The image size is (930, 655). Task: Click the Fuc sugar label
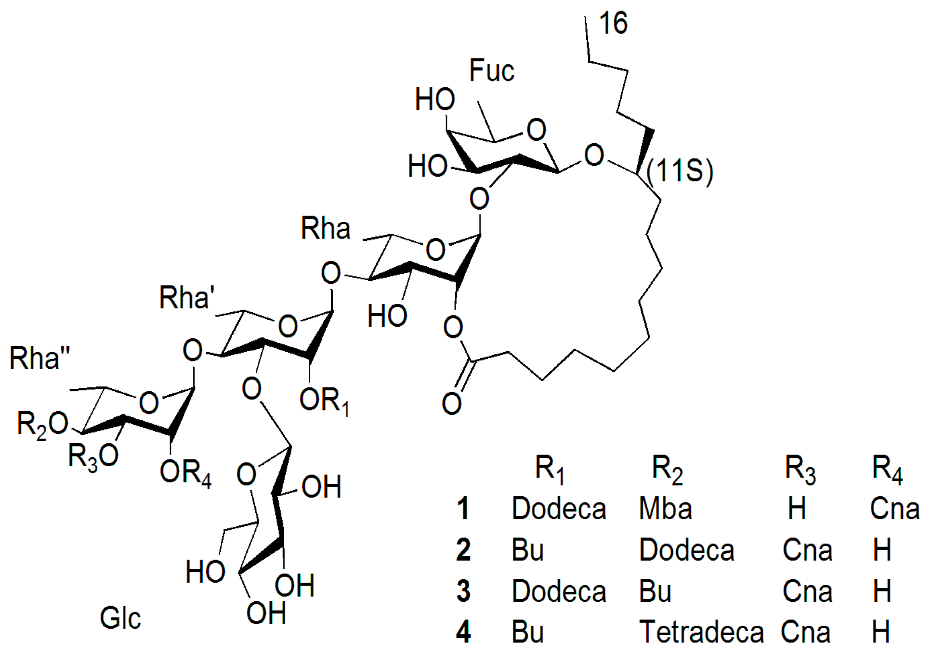[x=492, y=71]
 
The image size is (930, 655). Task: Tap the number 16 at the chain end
[x=613, y=23]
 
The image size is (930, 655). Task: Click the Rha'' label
[x=39, y=358]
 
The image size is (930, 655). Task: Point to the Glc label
[x=120, y=618]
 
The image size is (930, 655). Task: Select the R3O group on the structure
[x=93, y=457]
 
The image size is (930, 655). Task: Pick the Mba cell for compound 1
[x=665, y=509]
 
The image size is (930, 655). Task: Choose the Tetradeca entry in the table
[x=701, y=632]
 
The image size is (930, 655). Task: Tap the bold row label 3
[x=463, y=591]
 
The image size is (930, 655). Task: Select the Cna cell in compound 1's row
[x=895, y=509]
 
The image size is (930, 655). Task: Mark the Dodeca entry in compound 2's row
[x=686, y=550]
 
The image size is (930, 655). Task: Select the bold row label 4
[x=463, y=632]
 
